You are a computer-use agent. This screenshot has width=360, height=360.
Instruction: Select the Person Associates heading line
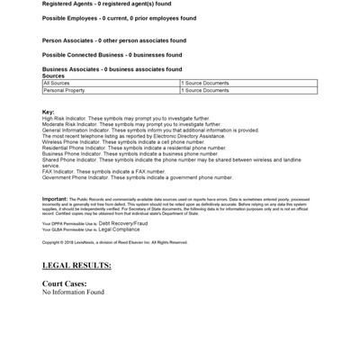pyautogui.click(x=114, y=40)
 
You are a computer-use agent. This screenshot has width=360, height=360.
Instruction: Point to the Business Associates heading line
pyautogui.click(x=112, y=69)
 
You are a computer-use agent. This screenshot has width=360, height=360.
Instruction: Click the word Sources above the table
pyautogui.click(x=53, y=76)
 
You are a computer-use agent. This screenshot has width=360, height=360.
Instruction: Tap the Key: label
pyautogui.click(x=49, y=112)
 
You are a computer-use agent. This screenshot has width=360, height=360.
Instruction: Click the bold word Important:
pyautogui.click(x=55, y=198)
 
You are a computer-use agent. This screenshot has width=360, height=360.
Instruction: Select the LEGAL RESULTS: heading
pyautogui.click(x=76, y=265)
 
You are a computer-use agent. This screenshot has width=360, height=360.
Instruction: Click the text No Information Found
pyautogui.click(x=73, y=292)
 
